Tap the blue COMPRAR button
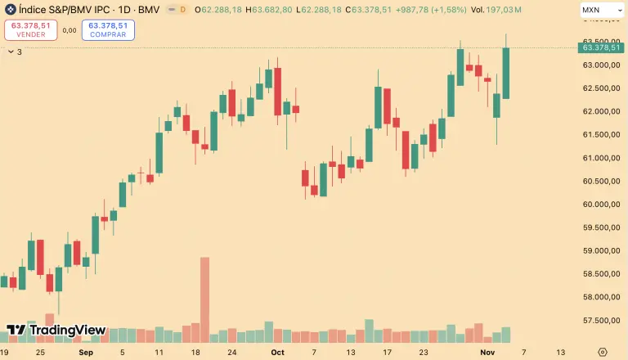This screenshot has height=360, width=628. pyautogui.click(x=108, y=29)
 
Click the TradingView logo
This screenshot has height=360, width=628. pyautogui.click(x=56, y=330)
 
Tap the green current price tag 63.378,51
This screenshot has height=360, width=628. pyautogui.click(x=601, y=48)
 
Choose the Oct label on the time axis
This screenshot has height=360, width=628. pyautogui.click(x=277, y=352)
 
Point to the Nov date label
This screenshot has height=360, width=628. pyautogui.click(x=488, y=352)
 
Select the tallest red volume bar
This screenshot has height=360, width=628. pyautogui.click(x=204, y=299)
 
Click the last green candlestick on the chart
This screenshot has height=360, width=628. pyautogui.click(x=506, y=74)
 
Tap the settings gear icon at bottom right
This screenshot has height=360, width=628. pyautogui.click(x=603, y=352)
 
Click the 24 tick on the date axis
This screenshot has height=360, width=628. pyautogui.click(x=232, y=352)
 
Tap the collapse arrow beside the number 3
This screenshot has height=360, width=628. pyautogui.click(x=10, y=51)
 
